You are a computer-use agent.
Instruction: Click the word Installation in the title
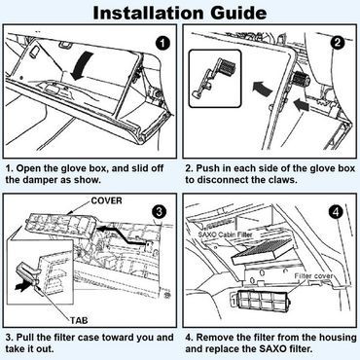(149, 13)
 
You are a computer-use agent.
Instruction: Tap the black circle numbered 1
(162, 44)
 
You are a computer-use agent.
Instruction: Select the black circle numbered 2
(338, 44)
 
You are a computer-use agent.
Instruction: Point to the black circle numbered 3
(159, 213)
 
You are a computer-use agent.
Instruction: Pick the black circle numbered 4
(336, 213)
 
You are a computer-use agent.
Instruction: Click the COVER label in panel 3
(107, 200)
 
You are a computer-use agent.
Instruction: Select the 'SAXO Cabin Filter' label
(225, 234)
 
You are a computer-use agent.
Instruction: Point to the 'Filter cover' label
(313, 276)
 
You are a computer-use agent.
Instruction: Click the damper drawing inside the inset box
(212, 77)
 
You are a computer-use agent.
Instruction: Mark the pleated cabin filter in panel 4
(264, 251)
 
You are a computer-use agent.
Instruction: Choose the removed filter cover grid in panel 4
(259, 300)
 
